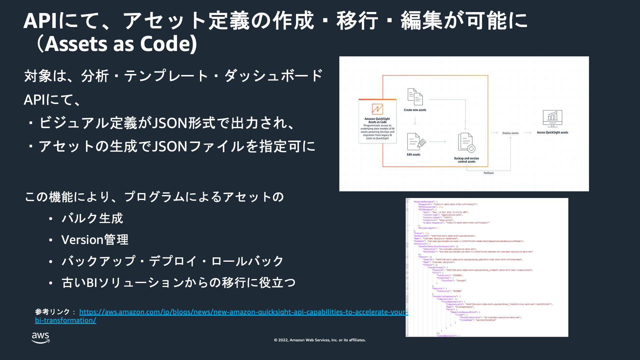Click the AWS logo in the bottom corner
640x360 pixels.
[41, 337]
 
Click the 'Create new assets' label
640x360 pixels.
[415, 110]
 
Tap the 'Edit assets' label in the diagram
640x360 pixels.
[413, 155]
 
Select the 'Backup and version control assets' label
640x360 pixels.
[466, 160]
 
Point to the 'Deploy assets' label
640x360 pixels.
[510, 133]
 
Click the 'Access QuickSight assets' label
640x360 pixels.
[552, 133]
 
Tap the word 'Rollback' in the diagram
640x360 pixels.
[489, 173]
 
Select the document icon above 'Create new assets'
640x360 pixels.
[415, 97]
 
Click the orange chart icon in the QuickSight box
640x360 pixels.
[377, 109]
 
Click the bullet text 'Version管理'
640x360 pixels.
[95, 240]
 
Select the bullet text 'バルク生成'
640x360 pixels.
[92, 218]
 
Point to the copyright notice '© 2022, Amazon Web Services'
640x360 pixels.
[320, 340]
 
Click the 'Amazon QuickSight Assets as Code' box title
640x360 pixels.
[377, 120]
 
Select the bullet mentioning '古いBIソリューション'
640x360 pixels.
[178, 283]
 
